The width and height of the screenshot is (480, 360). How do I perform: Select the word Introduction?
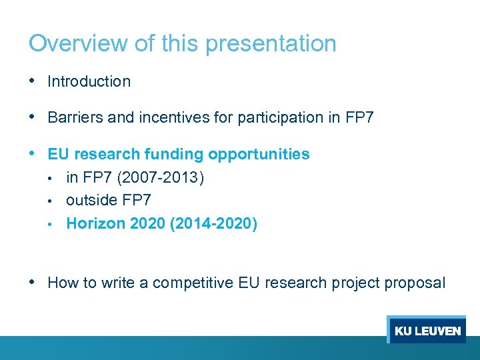(89, 82)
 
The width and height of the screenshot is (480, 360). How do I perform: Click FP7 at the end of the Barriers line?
(360, 118)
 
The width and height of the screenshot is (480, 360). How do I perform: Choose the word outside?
(90, 200)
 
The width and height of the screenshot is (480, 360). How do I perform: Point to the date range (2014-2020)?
(213, 223)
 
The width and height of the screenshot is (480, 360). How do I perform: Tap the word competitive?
(193, 283)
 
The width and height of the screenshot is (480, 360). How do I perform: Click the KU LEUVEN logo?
(427, 331)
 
